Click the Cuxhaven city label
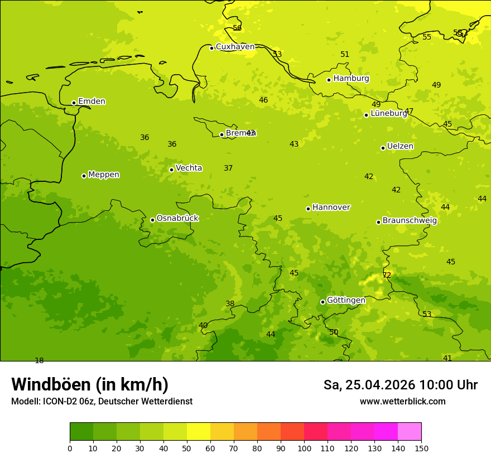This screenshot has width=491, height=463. point(235,47)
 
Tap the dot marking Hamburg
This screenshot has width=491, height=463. point(329,80)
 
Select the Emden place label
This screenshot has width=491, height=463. point(92,102)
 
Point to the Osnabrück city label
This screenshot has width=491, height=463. point(177,218)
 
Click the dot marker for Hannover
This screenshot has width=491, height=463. point(308,209)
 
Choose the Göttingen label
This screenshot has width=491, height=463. point(346,300)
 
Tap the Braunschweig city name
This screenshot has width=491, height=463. point(410,221)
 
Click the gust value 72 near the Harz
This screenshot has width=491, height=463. point(387,275)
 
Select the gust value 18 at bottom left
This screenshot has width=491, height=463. point(39,360)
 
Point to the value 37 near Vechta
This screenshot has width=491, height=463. point(228,168)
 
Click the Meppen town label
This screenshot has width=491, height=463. point(104,175)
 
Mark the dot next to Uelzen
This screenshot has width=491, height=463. point(383,148)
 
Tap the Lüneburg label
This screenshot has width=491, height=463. point(389,113)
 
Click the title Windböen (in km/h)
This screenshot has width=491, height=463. point(90,384)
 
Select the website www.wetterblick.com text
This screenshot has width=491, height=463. point(402,402)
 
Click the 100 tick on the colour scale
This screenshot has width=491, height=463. point(304,448)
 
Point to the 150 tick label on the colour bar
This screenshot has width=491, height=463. point(421,448)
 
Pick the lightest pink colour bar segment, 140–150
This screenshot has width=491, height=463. point(410,432)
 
